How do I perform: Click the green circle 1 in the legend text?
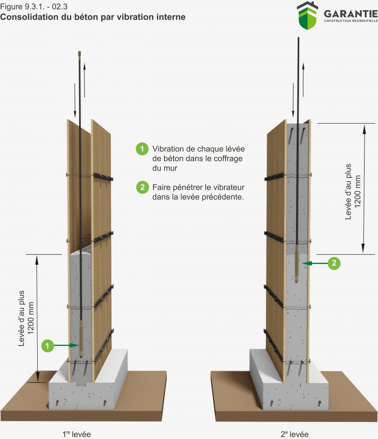pos(142,149)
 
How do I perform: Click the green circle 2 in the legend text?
pos(142,188)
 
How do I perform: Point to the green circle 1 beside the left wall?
pos(48,345)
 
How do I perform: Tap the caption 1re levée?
pos(76,433)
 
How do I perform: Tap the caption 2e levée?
pos(294,433)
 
